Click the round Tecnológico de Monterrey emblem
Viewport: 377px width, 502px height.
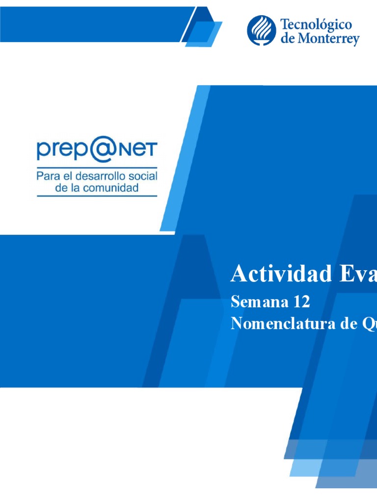click(x=261, y=30)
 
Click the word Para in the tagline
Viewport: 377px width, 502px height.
click(x=48, y=176)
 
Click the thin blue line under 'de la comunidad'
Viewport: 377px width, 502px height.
click(x=97, y=196)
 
